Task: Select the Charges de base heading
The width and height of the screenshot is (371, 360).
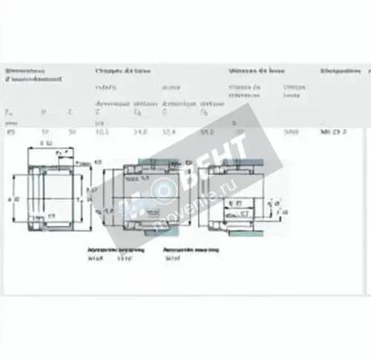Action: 122,71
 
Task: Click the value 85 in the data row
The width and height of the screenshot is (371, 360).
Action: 10,131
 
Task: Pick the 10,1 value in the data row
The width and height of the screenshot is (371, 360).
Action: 102,131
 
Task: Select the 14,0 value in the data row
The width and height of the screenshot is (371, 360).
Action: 139,131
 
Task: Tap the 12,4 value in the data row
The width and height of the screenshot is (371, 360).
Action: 168,131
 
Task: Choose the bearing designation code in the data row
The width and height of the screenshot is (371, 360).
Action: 333,131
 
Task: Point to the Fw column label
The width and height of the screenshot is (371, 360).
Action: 9,112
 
